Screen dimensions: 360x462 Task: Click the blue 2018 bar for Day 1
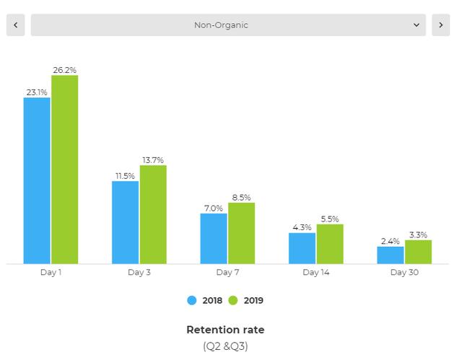click(x=37, y=180)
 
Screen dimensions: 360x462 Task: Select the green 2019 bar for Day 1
click(x=64, y=170)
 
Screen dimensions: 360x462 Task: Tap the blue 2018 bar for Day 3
click(x=125, y=222)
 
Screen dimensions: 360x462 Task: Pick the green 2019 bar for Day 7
click(x=241, y=233)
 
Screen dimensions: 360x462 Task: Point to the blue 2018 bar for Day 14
click(x=302, y=248)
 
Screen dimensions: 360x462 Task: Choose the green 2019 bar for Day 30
click(x=418, y=252)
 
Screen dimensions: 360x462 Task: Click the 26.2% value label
click(x=64, y=70)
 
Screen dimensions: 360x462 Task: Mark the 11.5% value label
click(x=124, y=175)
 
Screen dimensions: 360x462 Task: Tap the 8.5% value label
click(x=241, y=197)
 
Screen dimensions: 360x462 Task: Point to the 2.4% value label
click(x=390, y=241)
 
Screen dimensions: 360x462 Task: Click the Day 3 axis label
click(x=139, y=273)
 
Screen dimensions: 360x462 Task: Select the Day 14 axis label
click(x=315, y=273)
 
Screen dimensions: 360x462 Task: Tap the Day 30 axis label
click(x=404, y=273)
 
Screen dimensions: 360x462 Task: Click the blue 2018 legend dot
click(x=192, y=301)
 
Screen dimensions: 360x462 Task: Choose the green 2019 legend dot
click(x=233, y=301)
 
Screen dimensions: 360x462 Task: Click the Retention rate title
click(x=225, y=330)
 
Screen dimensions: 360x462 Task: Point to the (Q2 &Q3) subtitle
click(x=225, y=346)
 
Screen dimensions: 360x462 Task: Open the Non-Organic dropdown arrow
click(x=417, y=25)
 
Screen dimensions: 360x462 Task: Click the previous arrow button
click(x=15, y=25)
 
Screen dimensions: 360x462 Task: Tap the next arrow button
click(x=440, y=25)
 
